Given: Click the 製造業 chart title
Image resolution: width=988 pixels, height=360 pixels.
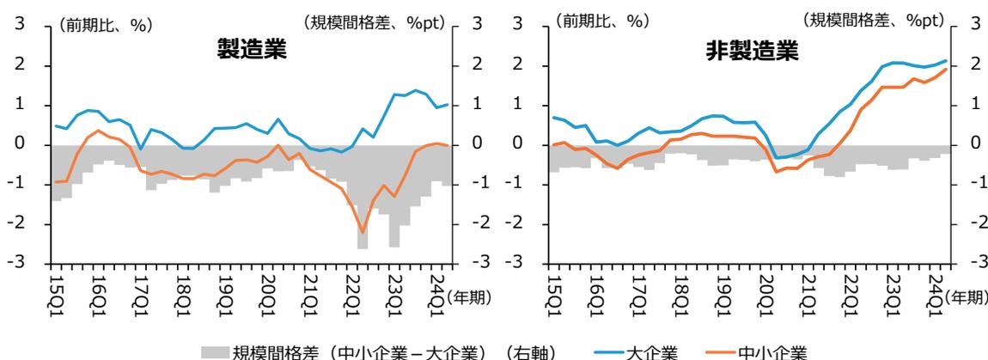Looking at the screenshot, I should pyautogui.click(x=251, y=51).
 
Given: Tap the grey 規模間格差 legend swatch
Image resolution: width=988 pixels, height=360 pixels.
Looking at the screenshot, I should pyautogui.click(x=215, y=351).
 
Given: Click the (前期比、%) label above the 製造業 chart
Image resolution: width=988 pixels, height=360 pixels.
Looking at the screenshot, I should pyautogui.click(x=106, y=27).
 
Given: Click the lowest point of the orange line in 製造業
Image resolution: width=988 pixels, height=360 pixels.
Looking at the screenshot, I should pyautogui.click(x=363, y=232).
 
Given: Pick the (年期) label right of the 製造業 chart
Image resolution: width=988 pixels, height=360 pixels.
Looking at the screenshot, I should pyautogui.click(x=472, y=297).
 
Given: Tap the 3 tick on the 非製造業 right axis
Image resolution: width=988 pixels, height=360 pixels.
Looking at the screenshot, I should pyautogui.click(x=974, y=27).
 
